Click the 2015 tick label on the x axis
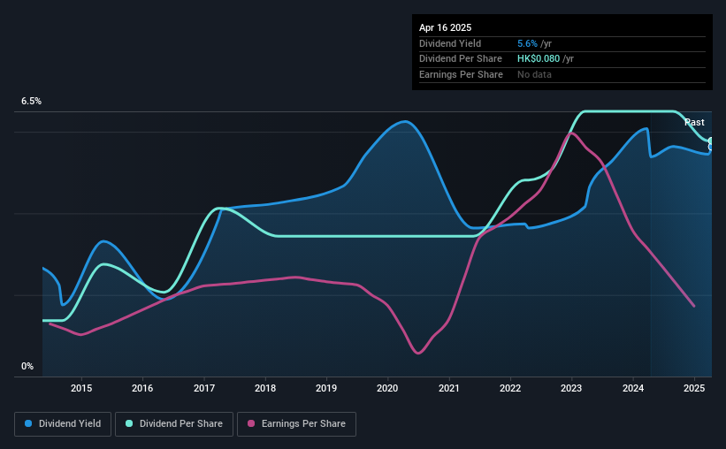click(81, 388)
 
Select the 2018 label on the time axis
click(265, 388)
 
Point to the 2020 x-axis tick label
click(387, 388)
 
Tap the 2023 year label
click(571, 388)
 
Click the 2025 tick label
click(694, 388)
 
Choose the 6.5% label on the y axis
click(31, 102)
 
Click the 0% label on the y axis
click(27, 366)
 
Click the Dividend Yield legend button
click(63, 424)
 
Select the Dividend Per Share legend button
click(174, 424)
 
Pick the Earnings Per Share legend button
click(296, 424)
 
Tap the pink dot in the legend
click(251, 423)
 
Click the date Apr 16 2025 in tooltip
click(445, 27)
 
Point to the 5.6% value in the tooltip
click(527, 43)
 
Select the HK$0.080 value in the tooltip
click(539, 59)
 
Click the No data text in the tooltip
click(534, 74)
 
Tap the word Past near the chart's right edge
click(694, 122)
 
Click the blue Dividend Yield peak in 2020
click(405, 121)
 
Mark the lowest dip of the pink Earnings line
click(418, 354)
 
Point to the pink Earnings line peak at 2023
click(572, 133)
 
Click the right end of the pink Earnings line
click(694, 306)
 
